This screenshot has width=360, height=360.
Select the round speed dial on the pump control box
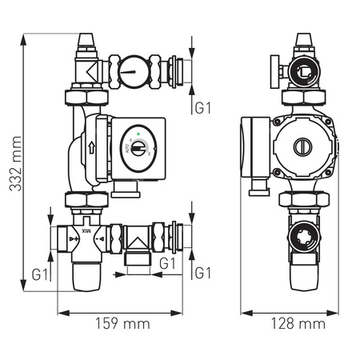pyautogui.click(x=138, y=149)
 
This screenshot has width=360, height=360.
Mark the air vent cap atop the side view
pyautogui.click(x=303, y=43)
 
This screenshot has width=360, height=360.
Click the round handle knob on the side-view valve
pyautogui.click(x=273, y=74)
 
